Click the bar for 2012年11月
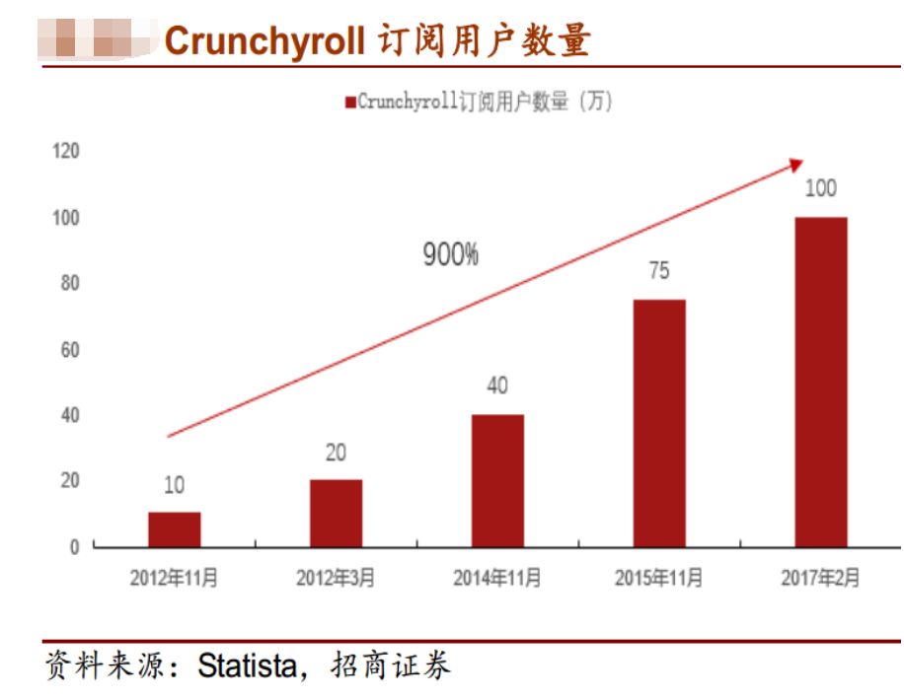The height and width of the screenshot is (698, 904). tap(175, 529)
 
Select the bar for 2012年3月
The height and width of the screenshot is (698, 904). tap(336, 513)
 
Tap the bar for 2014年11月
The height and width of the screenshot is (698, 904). tap(497, 480)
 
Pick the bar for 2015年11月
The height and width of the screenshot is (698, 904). tap(659, 423)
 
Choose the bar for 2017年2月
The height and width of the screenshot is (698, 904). tap(821, 382)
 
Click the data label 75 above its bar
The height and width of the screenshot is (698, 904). tap(659, 271)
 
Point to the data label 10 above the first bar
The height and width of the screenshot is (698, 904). tap(175, 485)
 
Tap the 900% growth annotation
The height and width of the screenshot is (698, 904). tap(451, 255)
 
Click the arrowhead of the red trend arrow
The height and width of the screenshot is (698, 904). tap(796, 165)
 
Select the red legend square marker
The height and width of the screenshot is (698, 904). tap(348, 103)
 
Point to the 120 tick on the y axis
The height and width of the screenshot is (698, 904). tap(66, 151)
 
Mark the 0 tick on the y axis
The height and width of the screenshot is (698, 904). tap(73, 547)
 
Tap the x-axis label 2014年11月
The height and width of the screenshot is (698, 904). tap(497, 579)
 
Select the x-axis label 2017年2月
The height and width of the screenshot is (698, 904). tap(821, 579)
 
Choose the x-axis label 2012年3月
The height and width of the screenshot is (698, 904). tap(336, 579)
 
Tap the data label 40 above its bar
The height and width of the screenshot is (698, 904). tap(497, 385)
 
